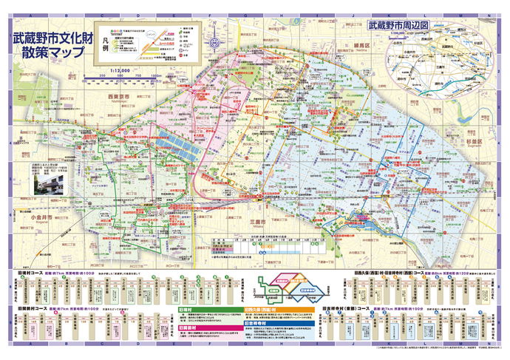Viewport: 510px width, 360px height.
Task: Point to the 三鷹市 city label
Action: click(x=257, y=221)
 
